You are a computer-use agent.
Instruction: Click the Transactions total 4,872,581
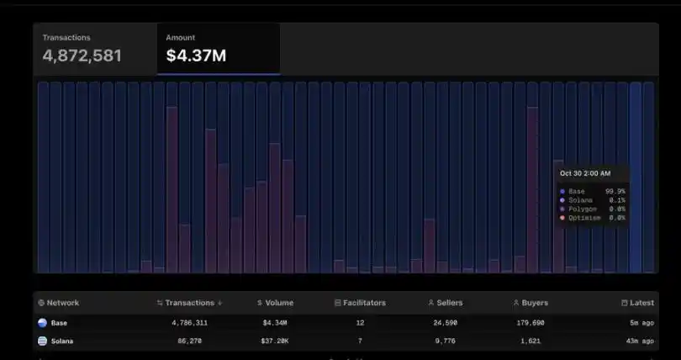(82, 56)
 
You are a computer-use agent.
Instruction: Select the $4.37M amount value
(196, 56)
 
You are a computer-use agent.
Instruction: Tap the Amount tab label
(181, 38)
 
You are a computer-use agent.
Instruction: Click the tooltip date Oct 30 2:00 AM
(586, 173)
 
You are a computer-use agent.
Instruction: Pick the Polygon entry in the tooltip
(583, 209)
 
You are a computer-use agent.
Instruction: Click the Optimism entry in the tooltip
(585, 218)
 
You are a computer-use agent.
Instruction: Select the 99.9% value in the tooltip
(615, 192)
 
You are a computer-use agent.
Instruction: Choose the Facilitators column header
(360, 303)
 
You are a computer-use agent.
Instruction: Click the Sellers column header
(446, 303)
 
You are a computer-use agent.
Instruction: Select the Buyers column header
(530, 303)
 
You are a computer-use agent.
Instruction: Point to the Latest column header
(638, 303)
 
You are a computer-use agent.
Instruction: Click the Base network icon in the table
(42, 322)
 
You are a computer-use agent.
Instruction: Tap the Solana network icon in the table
(42, 341)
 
